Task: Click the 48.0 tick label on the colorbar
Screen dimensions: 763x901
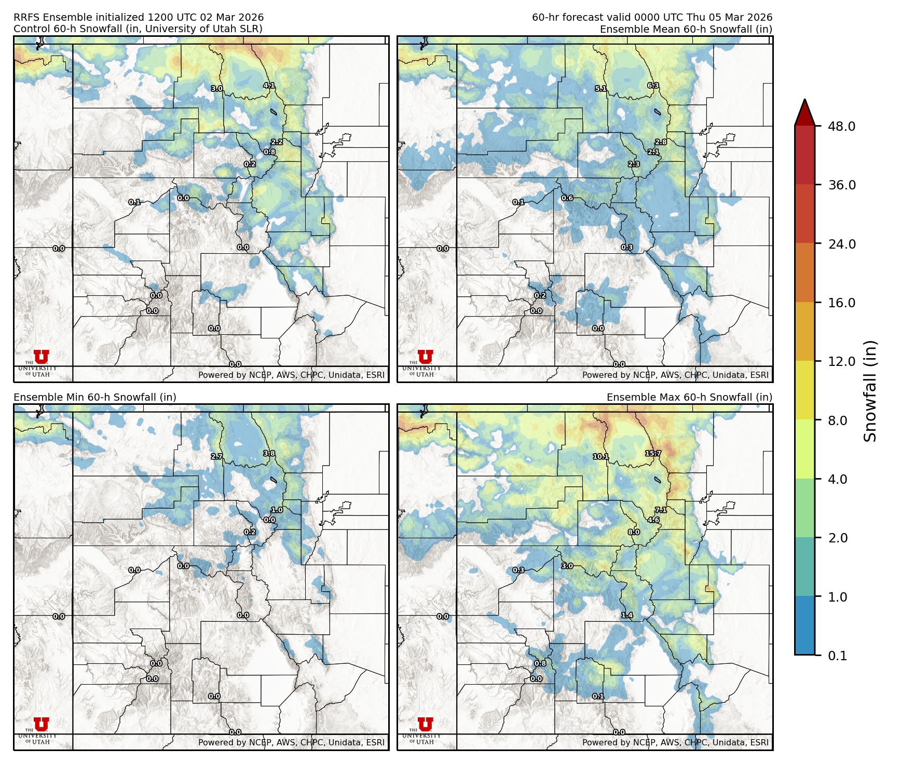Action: coord(841,126)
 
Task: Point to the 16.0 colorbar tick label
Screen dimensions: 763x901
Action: coord(841,303)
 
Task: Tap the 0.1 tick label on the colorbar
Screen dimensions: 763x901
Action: coord(837,656)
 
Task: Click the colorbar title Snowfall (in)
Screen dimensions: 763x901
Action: coord(870,391)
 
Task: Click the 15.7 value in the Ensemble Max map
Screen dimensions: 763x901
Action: coord(653,453)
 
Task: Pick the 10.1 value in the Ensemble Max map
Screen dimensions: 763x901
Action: coord(600,456)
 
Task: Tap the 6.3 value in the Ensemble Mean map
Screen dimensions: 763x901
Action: coord(653,86)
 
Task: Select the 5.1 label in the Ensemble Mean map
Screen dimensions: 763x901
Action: coord(600,89)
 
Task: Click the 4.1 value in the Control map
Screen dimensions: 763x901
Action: coord(269,86)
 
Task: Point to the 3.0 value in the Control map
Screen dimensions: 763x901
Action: coord(216,89)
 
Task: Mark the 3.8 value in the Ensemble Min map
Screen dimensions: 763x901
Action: coord(269,453)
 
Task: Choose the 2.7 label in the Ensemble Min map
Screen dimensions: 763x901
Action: coord(216,456)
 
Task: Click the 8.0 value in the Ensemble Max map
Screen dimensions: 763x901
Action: coord(634,532)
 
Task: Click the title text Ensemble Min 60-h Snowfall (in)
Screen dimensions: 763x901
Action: coord(95,397)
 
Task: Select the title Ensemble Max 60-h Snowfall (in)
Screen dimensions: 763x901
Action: coord(689,397)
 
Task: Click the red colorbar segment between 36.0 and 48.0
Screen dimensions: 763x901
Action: coord(804,155)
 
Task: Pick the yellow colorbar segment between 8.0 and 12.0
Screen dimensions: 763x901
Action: coord(804,390)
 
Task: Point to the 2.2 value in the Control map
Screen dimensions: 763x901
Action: coord(277,142)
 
